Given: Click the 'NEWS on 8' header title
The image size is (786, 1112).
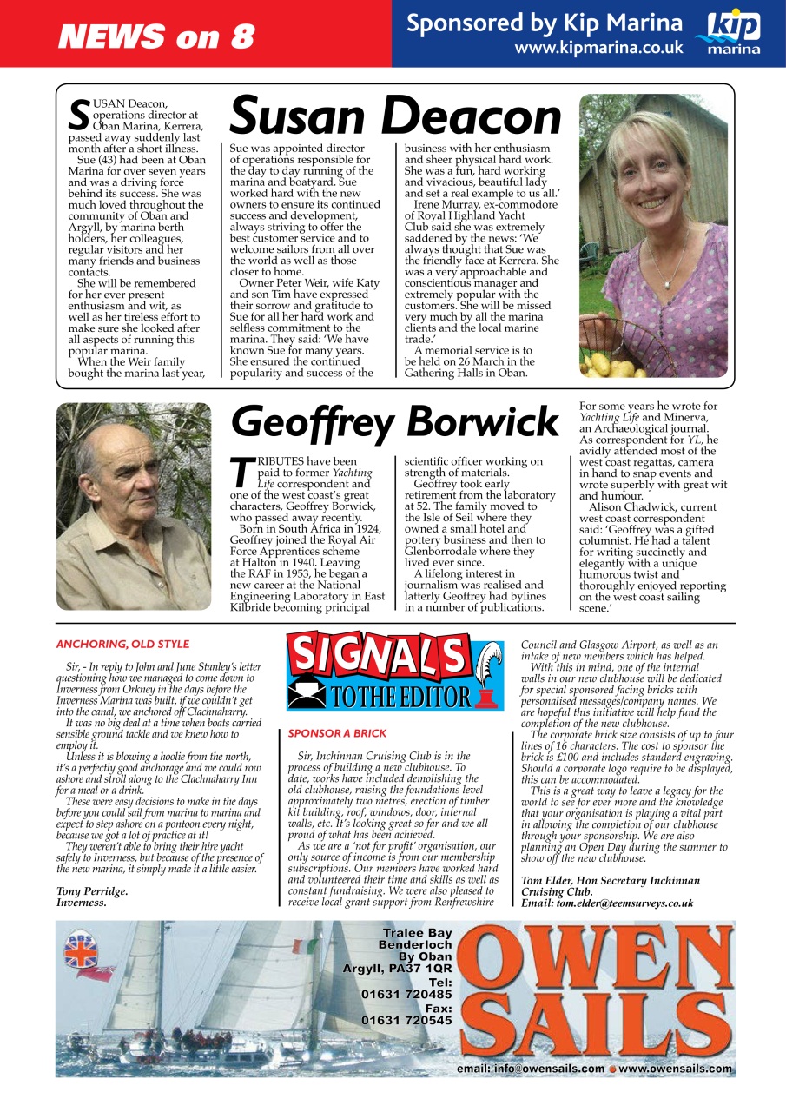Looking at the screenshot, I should pyautogui.click(x=156, y=36).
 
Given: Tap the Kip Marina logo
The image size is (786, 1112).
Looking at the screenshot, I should pyautogui.click(x=733, y=32).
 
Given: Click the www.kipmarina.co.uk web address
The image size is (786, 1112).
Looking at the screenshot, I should pyautogui.click(x=598, y=47).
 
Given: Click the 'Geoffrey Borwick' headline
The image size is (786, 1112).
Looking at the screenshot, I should pyautogui.click(x=395, y=423).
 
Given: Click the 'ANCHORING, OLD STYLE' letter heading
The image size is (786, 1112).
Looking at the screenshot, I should pyautogui.click(x=122, y=645).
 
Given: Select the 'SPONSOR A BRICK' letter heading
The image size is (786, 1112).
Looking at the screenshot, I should pyautogui.click(x=337, y=733).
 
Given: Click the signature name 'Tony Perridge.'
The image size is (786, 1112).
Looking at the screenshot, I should pyautogui.click(x=92, y=890).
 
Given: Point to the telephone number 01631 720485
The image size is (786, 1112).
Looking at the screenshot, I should pyautogui.click(x=406, y=993).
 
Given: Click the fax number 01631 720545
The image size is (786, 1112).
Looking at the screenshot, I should pyautogui.click(x=406, y=1020).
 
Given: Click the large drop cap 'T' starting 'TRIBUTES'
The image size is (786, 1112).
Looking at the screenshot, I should pyautogui.click(x=244, y=472).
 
